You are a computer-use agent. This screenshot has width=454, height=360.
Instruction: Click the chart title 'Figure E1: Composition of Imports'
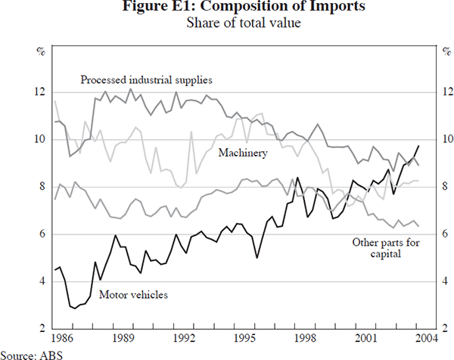pyautogui.click(x=227, y=8)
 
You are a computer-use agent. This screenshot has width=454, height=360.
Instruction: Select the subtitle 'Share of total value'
pyautogui.click(x=227, y=23)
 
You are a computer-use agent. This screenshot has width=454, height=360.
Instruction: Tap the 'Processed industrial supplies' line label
pyautogui.click(x=146, y=79)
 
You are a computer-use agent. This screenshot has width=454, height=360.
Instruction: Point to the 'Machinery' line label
pyautogui.click(x=243, y=154)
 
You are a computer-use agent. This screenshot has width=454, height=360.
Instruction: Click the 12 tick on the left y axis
pyautogui.click(x=40, y=92)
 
